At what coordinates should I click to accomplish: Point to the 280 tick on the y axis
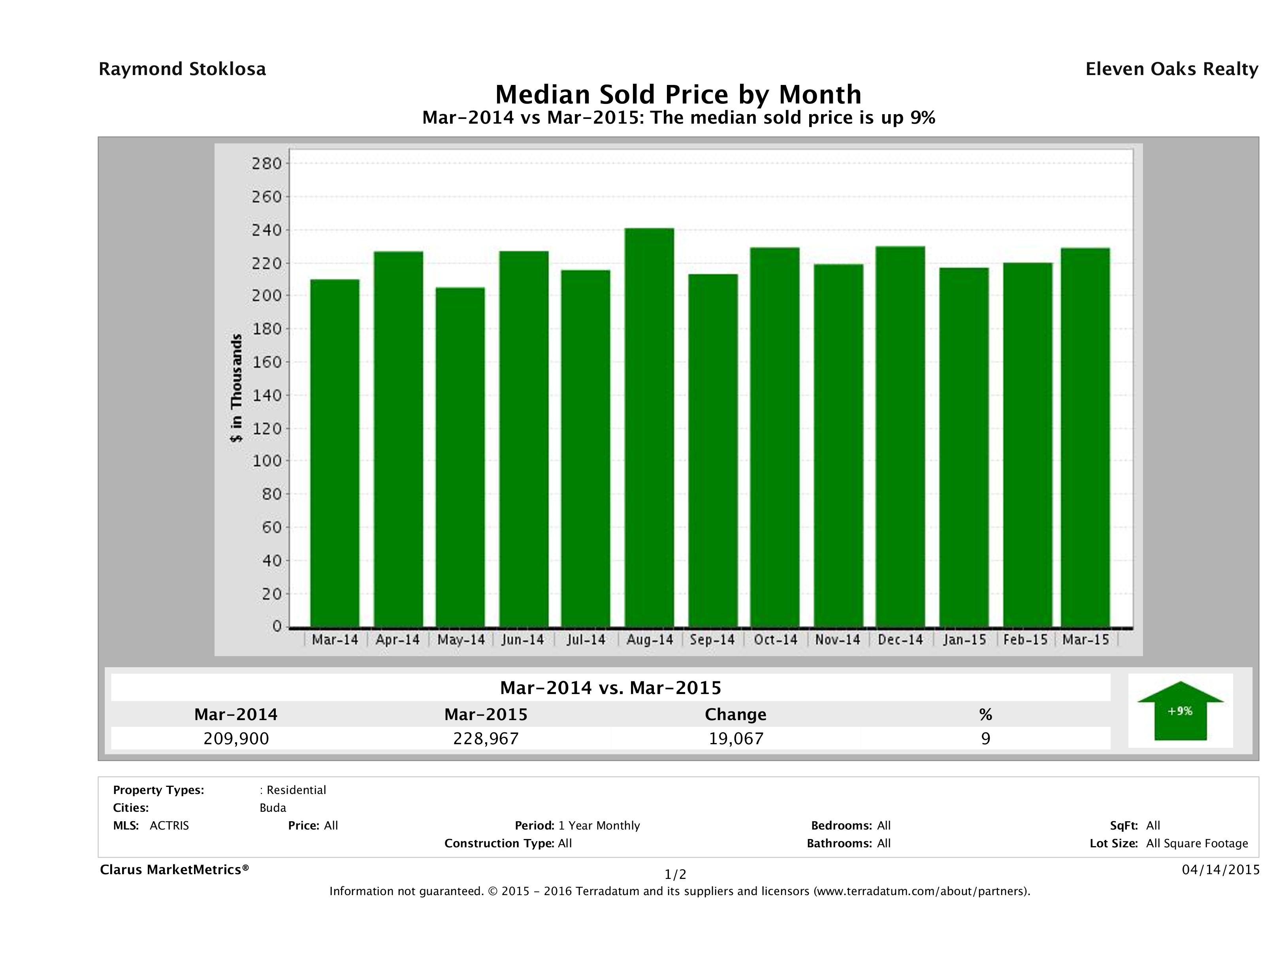pyautogui.click(x=267, y=164)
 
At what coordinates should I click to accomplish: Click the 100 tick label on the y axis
pyautogui.click(x=267, y=461)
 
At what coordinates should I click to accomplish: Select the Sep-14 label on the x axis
pyautogui.click(x=712, y=640)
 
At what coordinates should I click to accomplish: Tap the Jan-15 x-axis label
pyautogui.click(x=964, y=640)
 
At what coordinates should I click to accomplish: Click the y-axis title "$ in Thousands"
pyautogui.click(x=236, y=388)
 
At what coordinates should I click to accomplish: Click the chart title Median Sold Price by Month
pyautogui.click(x=678, y=94)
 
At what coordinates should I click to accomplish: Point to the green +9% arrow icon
pyautogui.click(x=1180, y=711)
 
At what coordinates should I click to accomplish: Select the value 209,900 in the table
pyautogui.click(x=236, y=738)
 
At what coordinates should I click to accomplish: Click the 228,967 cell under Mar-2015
pyautogui.click(x=486, y=738)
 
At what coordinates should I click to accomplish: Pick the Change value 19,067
pyautogui.click(x=736, y=738)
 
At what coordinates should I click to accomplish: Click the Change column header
pyautogui.click(x=736, y=715)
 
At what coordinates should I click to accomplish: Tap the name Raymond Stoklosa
pyautogui.click(x=182, y=69)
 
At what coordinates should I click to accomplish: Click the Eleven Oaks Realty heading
pyautogui.click(x=1171, y=69)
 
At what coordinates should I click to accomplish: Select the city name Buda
pyautogui.click(x=273, y=807)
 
